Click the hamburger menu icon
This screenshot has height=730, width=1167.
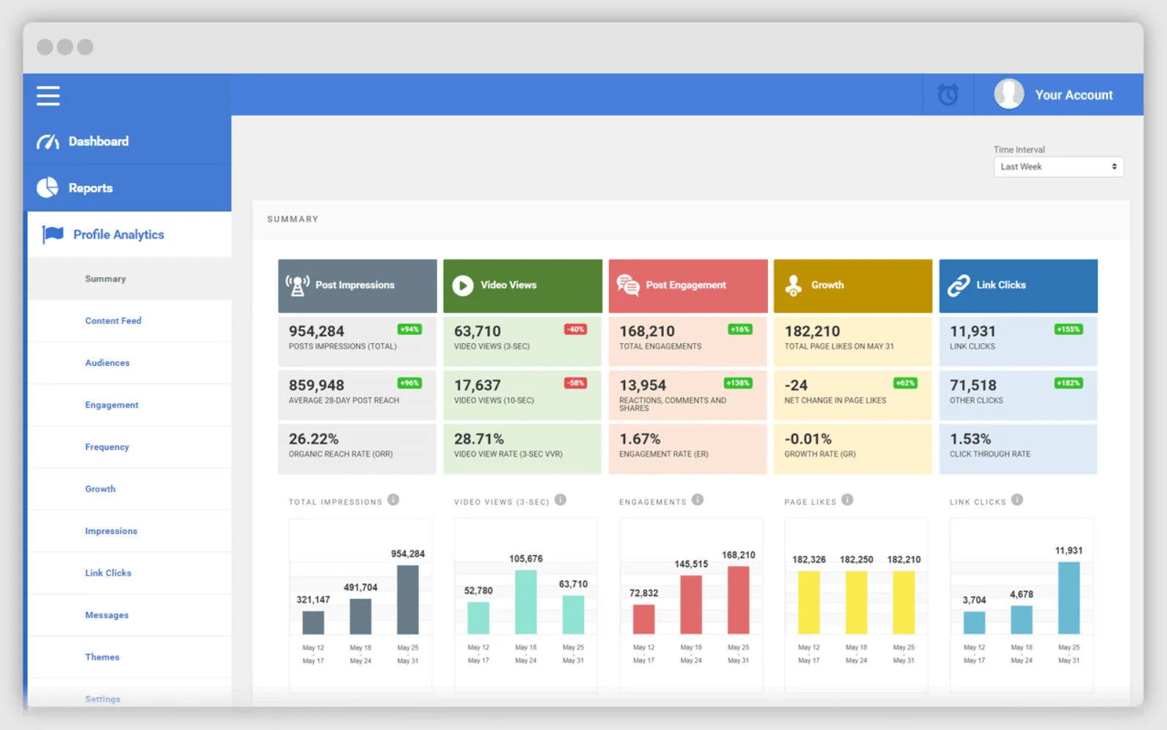click(48, 96)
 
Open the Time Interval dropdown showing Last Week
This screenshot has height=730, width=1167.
click(1057, 167)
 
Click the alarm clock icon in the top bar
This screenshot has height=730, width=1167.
click(948, 95)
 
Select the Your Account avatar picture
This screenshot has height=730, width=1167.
click(1008, 94)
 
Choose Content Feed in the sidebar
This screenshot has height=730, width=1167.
click(113, 320)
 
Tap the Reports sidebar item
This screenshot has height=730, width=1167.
click(90, 188)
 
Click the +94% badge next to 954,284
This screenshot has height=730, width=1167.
click(409, 329)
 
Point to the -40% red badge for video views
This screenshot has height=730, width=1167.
click(575, 329)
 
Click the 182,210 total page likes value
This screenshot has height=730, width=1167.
click(812, 331)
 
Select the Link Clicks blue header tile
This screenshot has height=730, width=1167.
click(1018, 285)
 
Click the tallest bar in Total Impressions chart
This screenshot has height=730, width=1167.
click(407, 600)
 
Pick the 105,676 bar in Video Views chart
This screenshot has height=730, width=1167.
click(526, 601)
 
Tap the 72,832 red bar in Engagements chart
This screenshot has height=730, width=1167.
click(643, 619)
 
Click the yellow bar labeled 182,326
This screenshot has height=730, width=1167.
click(809, 602)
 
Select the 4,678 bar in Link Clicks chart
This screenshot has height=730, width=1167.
click(1021, 620)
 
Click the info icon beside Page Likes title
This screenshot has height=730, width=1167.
click(847, 500)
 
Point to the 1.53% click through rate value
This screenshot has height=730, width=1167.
click(970, 439)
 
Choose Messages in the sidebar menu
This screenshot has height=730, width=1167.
click(107, 615)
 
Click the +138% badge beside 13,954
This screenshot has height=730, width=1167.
click(738, 383)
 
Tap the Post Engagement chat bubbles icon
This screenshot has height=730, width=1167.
click(627, 285)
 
